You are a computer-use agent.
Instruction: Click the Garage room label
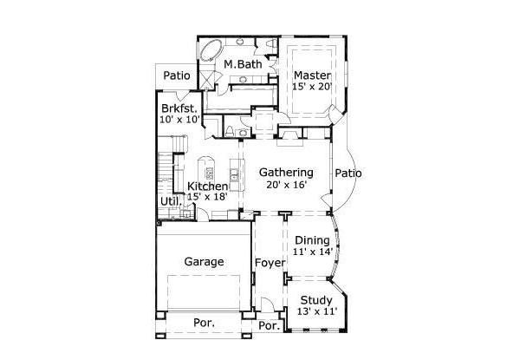(205, 261)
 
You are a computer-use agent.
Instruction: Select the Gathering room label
(286, 173)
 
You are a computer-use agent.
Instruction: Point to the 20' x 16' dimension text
(286, 186)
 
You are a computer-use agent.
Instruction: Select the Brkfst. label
(179, 108)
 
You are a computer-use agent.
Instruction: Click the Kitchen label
(208, 187)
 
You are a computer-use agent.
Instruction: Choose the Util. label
(170, 201)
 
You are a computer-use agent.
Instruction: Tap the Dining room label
(312, 240)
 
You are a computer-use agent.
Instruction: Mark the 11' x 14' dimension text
(312, 252)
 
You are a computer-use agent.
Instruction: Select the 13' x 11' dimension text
(316, 311)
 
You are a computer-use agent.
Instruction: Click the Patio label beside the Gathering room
(348, 173)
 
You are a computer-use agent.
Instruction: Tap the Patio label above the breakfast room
(177, 75)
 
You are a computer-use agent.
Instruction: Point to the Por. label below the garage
(205, 323)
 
